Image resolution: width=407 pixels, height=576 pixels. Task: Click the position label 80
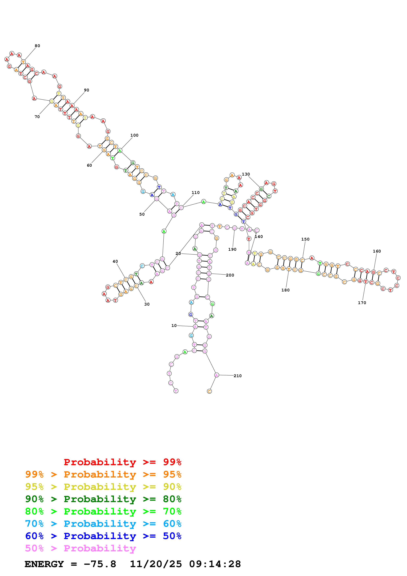tap(37, 46)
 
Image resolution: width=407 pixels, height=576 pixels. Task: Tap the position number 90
tap(87, 90)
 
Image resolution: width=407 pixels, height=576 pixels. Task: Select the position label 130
tap(246, 174)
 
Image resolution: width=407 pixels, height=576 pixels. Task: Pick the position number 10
tap(174, 326)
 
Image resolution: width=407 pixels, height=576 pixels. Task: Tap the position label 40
tap(115, 261)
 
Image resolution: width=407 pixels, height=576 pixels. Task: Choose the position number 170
tap(362, 303)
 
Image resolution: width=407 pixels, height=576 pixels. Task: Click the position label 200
tap(230, 275)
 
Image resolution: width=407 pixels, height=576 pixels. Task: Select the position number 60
tap(89, 165)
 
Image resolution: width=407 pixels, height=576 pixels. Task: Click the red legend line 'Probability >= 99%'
tap(123, 462)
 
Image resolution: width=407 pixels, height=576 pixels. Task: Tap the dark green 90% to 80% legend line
tap(103, 499)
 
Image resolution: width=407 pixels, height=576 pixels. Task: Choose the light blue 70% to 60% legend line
tap(103, 524)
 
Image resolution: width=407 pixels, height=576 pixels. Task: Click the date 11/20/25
tap(156, 564)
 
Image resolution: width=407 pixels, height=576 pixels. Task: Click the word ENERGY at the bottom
tap(44, 564)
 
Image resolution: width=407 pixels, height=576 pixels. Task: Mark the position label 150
tap(305, 239)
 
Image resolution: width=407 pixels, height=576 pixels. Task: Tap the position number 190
tap(232, 249)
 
